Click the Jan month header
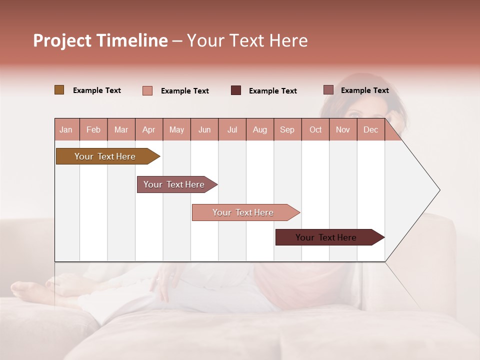[66, 129]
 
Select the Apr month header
[149, 129]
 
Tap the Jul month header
[232, 129]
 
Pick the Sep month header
[287, 129]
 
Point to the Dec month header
[370, 129]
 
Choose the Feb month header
[93, 129]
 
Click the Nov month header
[342, 129]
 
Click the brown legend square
[59, 90]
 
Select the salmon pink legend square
[147, 90]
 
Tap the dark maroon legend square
[235, 90]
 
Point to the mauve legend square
[328, 90]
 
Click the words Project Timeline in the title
[100, 40]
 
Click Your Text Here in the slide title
[247, 40]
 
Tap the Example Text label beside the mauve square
[364, 90]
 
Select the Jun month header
[204, 129]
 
